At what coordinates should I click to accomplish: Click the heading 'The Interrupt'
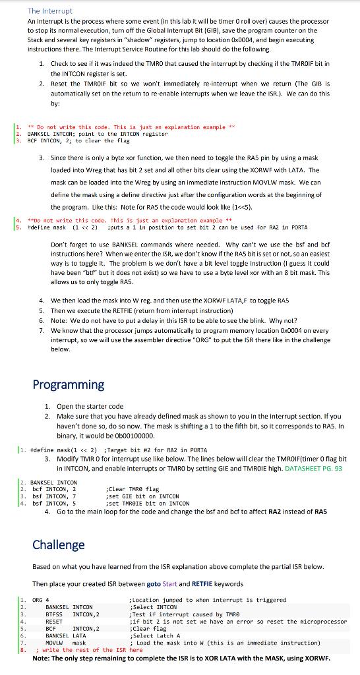(x=50, y=11)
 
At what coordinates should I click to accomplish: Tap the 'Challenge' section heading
(x=59, y=544)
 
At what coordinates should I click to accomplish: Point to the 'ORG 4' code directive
(x=40, y=600)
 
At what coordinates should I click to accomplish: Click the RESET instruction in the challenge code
(x=53, y=622)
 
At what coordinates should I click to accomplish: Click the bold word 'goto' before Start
(x=153, y=583)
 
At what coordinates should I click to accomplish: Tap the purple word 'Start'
(x=171, y=583)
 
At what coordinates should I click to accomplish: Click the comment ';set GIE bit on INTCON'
(x=142, y=496)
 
